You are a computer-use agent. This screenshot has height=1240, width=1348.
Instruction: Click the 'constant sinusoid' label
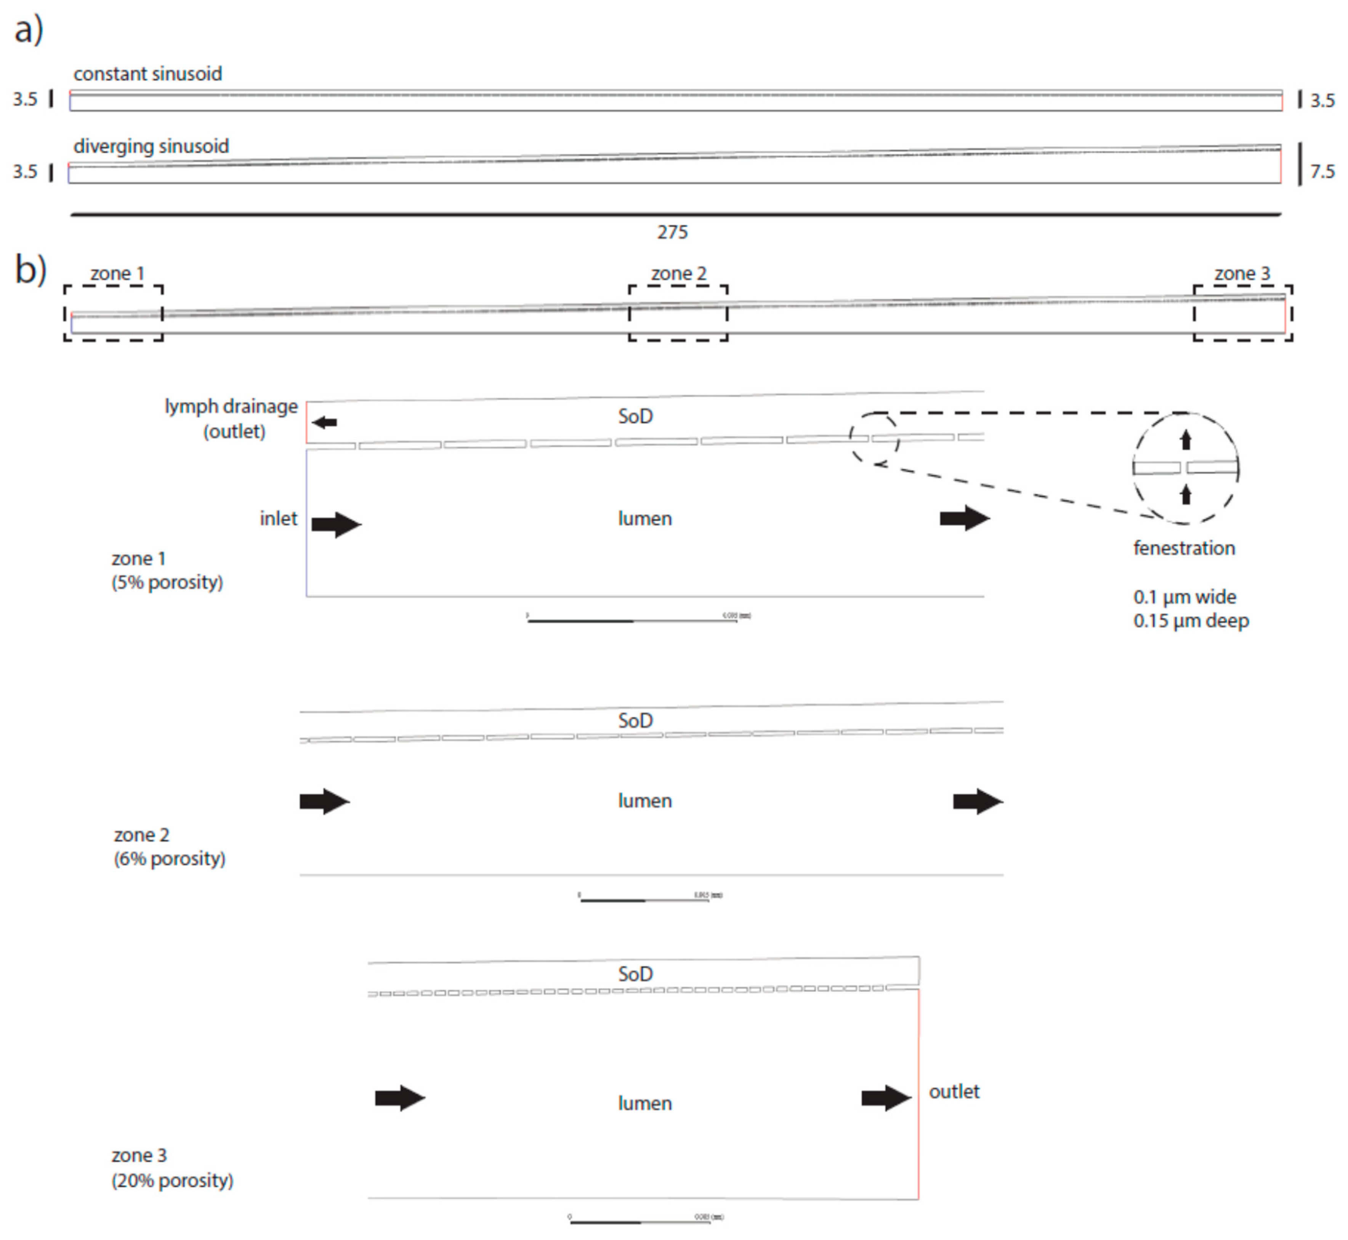[147, 74]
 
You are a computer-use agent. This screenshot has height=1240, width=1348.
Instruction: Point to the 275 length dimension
[672, 232]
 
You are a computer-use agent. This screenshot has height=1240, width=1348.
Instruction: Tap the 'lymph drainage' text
[231, 407]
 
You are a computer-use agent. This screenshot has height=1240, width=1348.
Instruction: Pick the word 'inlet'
[279, 519]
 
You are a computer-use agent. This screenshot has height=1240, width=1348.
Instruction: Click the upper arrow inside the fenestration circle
[1186, 440]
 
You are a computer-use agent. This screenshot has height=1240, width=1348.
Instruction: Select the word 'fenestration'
[1184, 548]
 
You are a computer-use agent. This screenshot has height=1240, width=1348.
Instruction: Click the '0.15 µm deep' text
[1191, 621]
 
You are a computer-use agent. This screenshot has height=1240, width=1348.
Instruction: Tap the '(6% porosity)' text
[170, 859]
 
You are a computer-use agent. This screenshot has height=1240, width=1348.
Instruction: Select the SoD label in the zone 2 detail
[635, 721]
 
